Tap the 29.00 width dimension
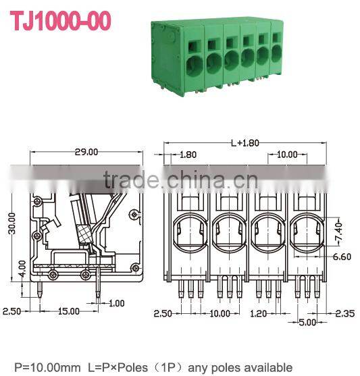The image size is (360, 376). click(86, 151)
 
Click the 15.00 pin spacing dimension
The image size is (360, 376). click(67, 311)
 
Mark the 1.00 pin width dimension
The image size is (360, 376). click(117, 302)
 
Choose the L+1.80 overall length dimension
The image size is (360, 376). click(245, 143)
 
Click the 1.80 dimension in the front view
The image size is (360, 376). click(188, 155)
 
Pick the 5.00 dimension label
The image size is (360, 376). click(308, 322)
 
